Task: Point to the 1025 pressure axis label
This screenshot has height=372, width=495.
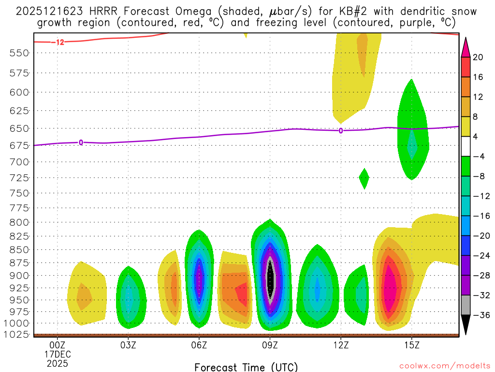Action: (19, 335)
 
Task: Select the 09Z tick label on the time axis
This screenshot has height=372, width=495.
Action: (270, 345)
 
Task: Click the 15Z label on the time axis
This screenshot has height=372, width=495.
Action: (411, 345)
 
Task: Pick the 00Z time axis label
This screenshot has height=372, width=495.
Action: (58, 345)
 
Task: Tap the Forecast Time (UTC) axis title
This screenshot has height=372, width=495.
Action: (246, 367)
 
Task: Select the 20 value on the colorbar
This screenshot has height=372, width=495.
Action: (478, 58)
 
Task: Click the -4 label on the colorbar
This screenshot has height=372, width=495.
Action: (478, 156)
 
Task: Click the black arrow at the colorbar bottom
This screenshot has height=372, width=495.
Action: (466, 325)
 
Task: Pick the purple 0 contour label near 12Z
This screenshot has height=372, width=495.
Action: (341, 130)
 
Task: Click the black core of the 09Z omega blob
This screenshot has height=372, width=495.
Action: (271, 276)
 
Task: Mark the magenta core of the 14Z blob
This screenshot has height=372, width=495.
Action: (390, 288)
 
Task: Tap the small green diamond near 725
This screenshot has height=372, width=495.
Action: (364, 179)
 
